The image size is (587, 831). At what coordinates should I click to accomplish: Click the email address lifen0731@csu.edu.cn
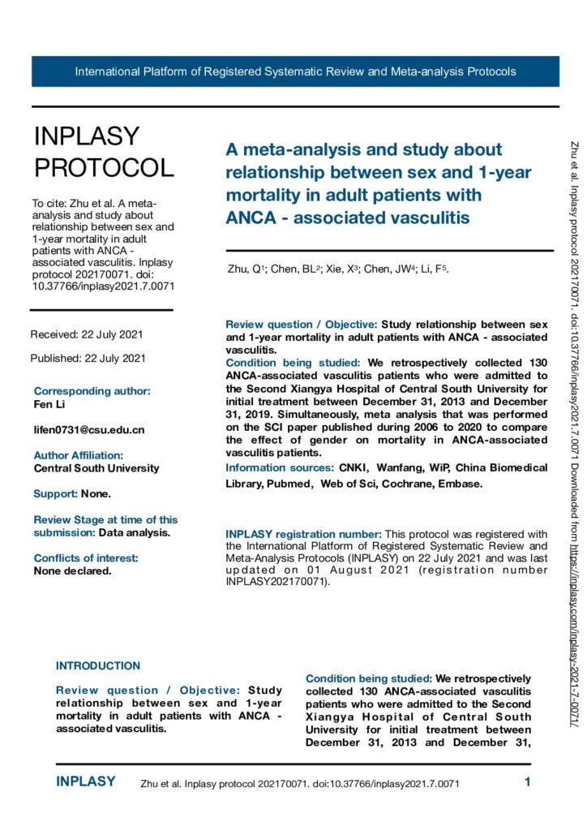click(89, 429)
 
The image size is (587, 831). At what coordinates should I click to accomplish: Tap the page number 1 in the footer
click(527, 783)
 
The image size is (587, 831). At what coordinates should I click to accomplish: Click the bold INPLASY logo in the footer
click(86, 782)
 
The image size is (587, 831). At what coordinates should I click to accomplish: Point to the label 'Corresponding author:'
click(92, 390)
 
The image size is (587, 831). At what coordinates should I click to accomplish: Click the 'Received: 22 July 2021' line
click(88, 334)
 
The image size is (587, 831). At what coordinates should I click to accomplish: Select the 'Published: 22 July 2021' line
click(88, 358)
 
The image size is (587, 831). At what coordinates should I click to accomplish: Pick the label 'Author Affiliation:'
click(79, 455)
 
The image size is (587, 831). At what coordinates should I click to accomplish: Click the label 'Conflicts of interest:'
click(86, 535)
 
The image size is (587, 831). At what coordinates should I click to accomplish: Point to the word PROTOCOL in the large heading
click(103, 167)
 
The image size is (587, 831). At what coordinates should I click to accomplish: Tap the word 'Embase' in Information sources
click(461, 484)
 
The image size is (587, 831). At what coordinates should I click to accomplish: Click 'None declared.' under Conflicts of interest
click(73, 548)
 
